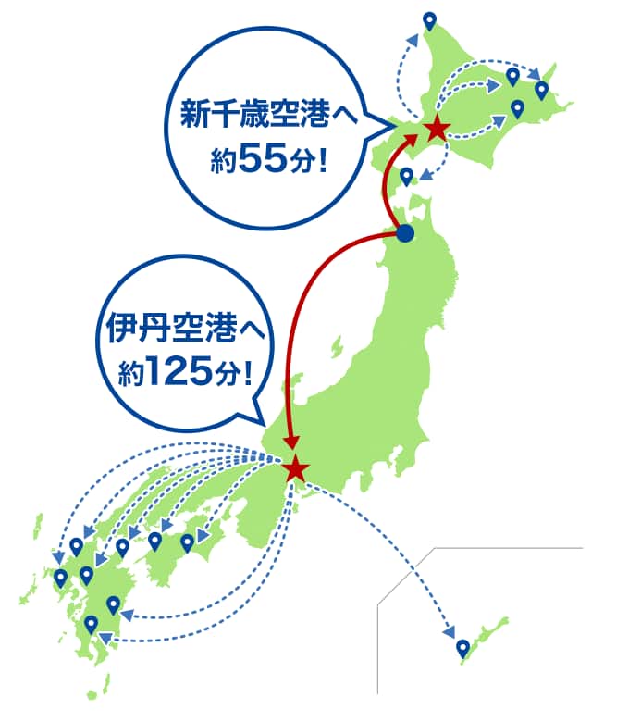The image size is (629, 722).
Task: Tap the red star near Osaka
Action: click(295, 468)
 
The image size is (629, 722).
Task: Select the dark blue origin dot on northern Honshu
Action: click(404, 235)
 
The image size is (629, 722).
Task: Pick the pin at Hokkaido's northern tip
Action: click(429, 19)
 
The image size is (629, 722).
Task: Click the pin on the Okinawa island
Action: click(462, 647)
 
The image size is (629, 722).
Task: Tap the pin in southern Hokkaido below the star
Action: click(406, 176)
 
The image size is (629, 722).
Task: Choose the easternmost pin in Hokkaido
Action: click(541, 90)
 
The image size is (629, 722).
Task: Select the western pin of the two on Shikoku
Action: click(155, 541)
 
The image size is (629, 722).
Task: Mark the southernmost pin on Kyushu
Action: click(91, 625)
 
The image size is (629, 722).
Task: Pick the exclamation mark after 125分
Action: click(245, 373)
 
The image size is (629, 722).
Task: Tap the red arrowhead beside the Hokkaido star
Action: click(413, 138)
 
